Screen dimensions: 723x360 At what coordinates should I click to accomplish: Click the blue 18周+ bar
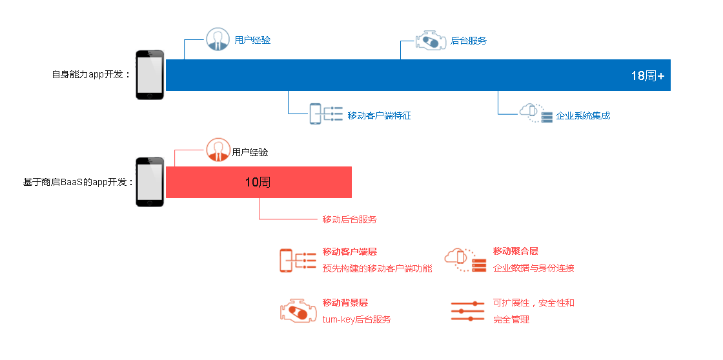pyautogui.click(x=418, y=75)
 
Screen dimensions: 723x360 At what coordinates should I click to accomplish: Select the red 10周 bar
pyautogui.click(x=259, y=182)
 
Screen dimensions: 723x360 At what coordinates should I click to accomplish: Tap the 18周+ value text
pyautogui.click(x=647, y=76)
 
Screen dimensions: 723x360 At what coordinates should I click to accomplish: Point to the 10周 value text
pyautogui.click(x=258, y=182)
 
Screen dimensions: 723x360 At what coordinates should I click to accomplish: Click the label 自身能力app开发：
pyautogui.click(x=91, y=75)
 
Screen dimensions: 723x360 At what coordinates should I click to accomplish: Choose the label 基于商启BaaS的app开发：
pyautogui.click(x=78, y=182)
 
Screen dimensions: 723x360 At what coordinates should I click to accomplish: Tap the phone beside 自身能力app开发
pyautogui.click(x=150, y=75)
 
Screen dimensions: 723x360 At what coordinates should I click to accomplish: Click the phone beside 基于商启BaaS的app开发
pyautogui.click(x=150, y=182)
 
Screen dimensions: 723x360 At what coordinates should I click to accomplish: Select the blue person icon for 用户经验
pyautogui.click(x=218, y=39)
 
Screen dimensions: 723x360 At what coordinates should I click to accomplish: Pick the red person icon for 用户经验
pyautogui.click(x=218, y=150)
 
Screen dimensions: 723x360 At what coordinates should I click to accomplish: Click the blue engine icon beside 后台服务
pyautogui.click(x=431, y=41)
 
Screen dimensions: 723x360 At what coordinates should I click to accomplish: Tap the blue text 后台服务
pyautogui.click(x=469, y=41)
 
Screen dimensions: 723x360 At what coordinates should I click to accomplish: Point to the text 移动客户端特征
pyautogui.click(x=379, y=115)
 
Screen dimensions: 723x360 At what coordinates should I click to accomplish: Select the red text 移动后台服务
pyautogui.click(x=349, y=219)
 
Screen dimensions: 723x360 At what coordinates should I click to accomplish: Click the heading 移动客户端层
pyautogui.click(x=349, y=252)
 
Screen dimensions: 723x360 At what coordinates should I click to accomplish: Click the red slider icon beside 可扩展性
pyautogui.click(x=467, y=311)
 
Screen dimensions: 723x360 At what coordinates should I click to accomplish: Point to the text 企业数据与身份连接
pyautogui.click(x=533, y=268)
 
